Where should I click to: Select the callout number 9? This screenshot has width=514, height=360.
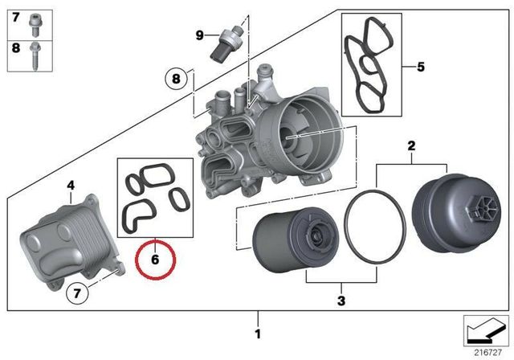(x=200, y=35)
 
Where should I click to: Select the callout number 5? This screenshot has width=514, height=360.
(x=419, y=66)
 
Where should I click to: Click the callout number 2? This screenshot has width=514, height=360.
(x=411, y=145)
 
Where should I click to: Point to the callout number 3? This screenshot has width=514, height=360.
(x=341, y=301)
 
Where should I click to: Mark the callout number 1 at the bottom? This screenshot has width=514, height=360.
(x=257, y=333)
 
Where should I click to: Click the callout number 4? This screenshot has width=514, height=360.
(x=71, y=186)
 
